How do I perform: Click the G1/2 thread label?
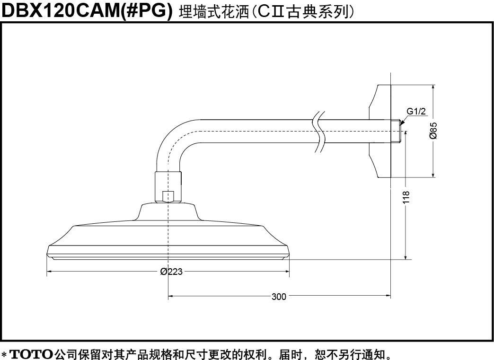tap(416, 111)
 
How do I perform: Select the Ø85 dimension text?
tap(433, 131)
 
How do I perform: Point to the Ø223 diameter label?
tap(171, 272)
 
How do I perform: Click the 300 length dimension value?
tap(279, 297)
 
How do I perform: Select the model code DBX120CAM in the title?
tap(59, 10)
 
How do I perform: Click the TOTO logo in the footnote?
tap(32, 354)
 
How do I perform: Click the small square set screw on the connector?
tap(168, 196)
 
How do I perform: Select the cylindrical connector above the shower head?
tap(168, 187)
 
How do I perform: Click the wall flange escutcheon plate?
tap(380, 132)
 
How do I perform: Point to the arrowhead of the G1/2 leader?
tap(401, 123)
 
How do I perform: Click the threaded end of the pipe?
tap(396, 131)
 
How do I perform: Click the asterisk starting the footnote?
tap(4, 354)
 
